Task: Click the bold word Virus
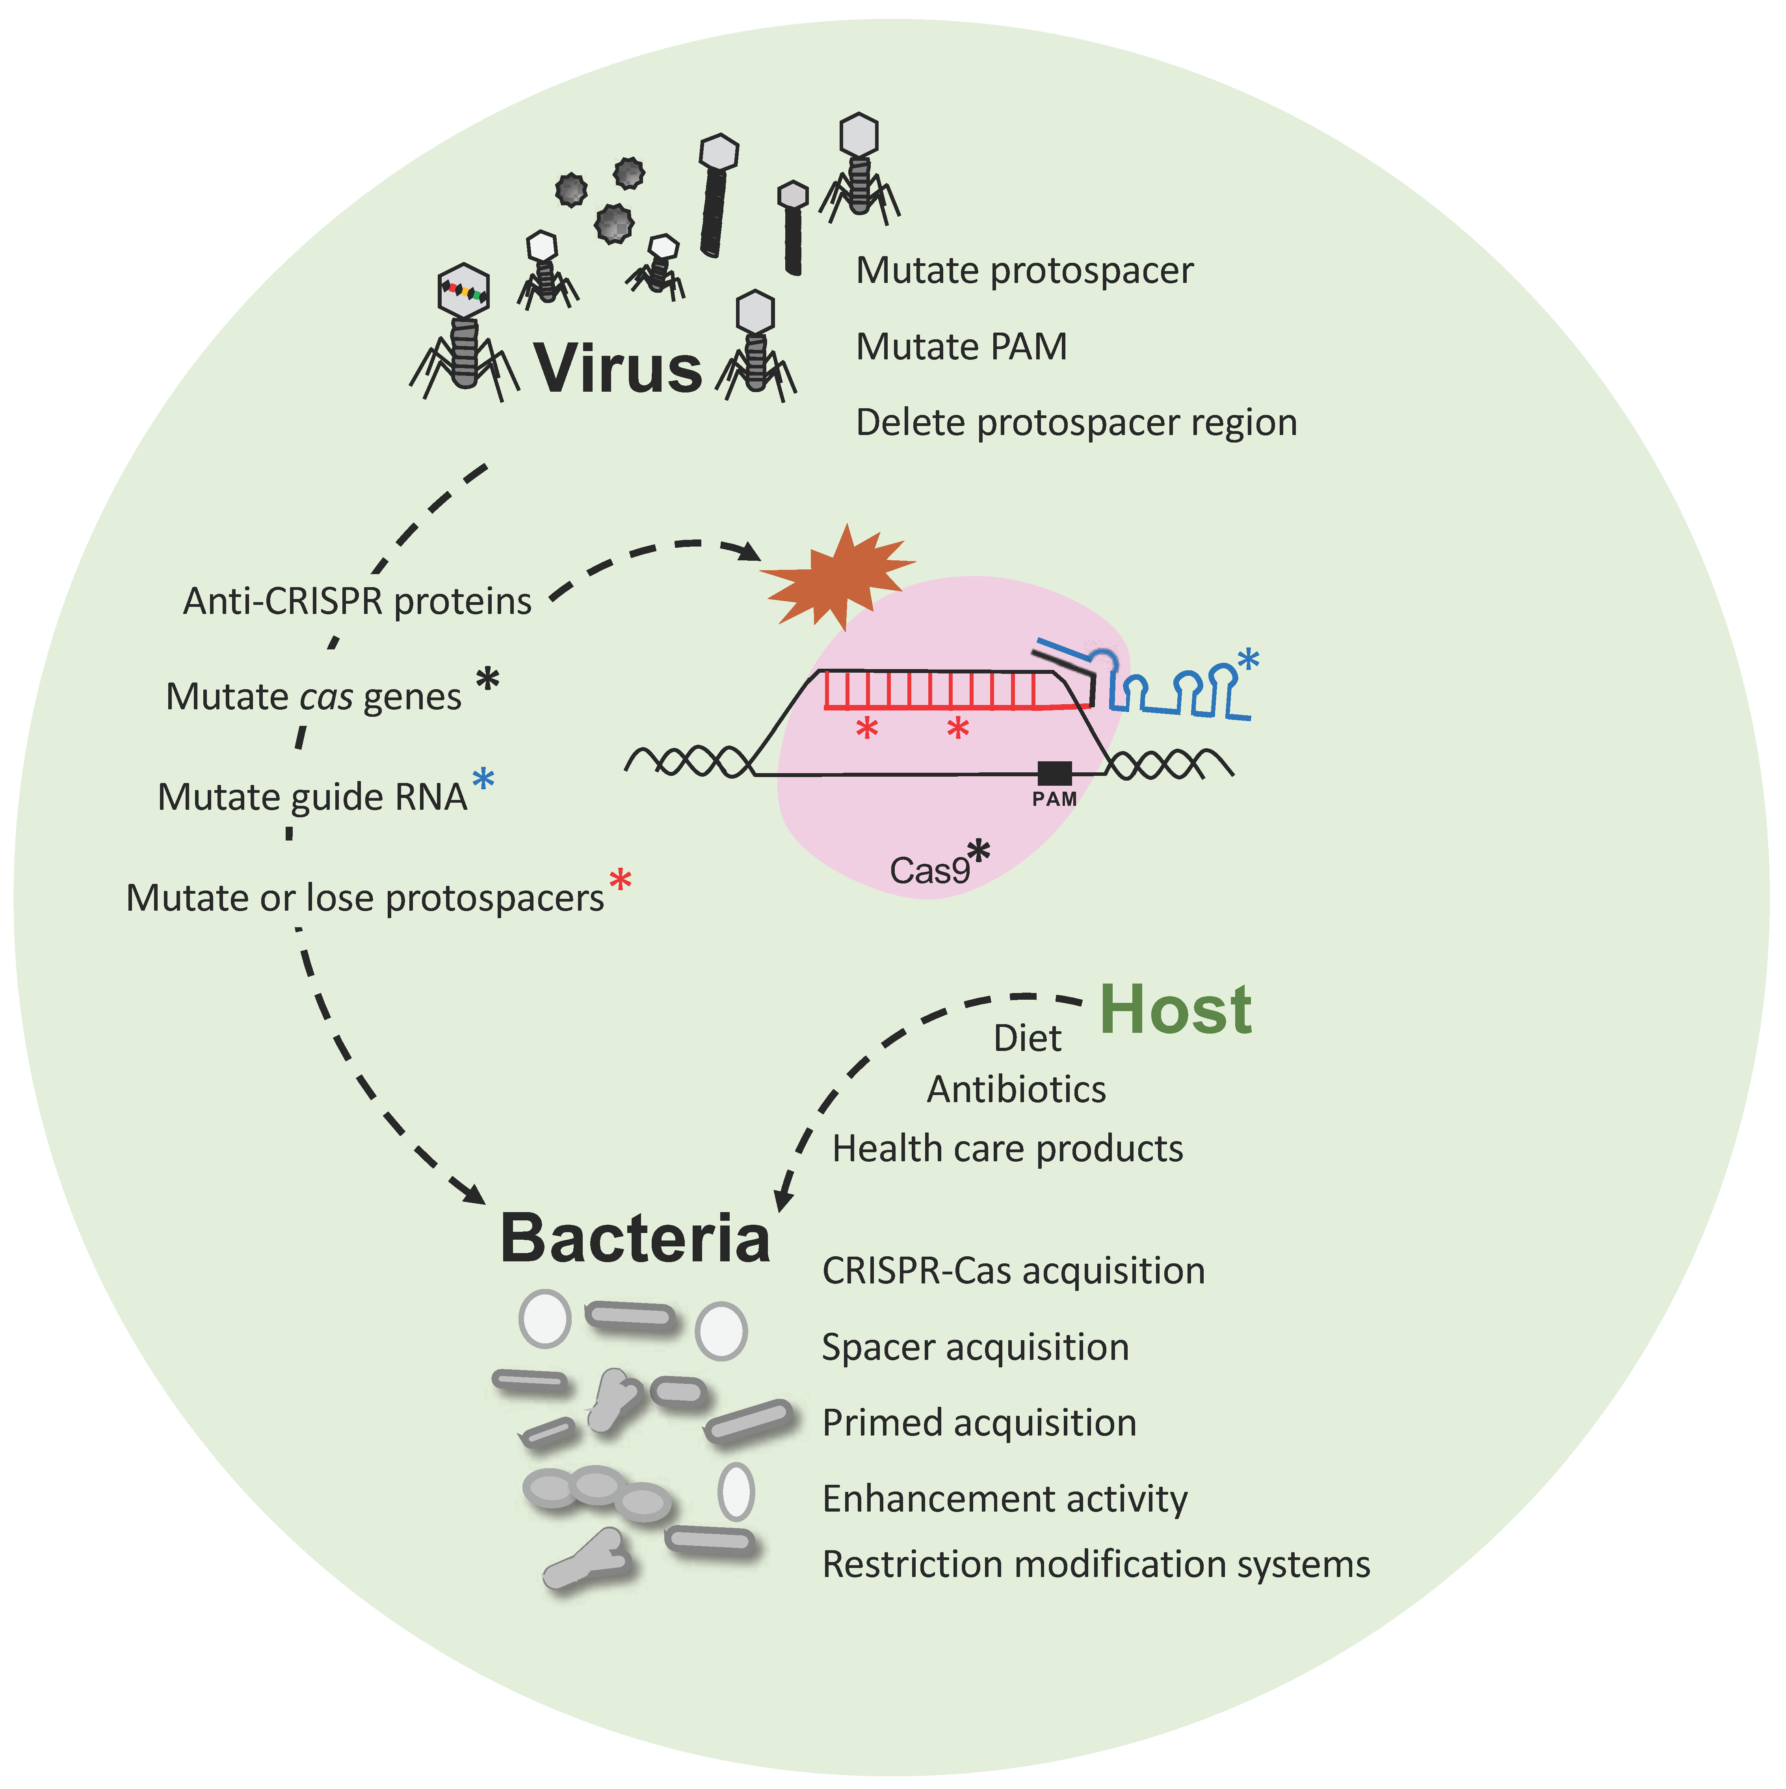tap(619, 368)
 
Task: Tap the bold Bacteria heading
tap(635, 1239)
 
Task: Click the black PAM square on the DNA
tap(1054, 772)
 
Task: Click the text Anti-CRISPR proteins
tap(357, 602)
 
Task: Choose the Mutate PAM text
tap(961, 347)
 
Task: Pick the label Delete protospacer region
tap(1076, 423)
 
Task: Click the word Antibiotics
tap(1017, 1090)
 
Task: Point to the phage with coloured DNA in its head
tap(463, 324)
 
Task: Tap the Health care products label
tap(1007, 1149)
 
